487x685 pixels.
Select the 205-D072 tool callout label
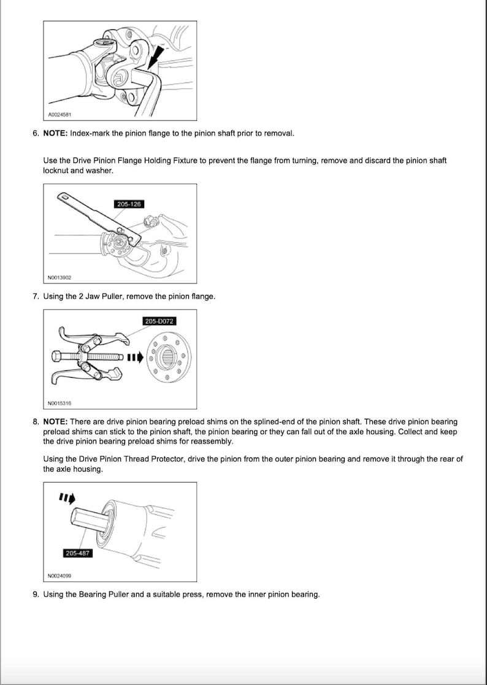159,321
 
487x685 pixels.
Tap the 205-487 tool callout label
77,553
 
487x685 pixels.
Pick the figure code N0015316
59,404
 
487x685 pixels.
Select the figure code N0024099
59,576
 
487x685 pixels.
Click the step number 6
36,133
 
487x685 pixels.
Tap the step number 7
36,296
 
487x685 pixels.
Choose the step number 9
36,594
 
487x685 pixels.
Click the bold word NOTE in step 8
55,422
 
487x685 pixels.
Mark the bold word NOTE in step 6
55,133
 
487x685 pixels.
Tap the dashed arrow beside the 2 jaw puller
135,356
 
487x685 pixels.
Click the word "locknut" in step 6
56,170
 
